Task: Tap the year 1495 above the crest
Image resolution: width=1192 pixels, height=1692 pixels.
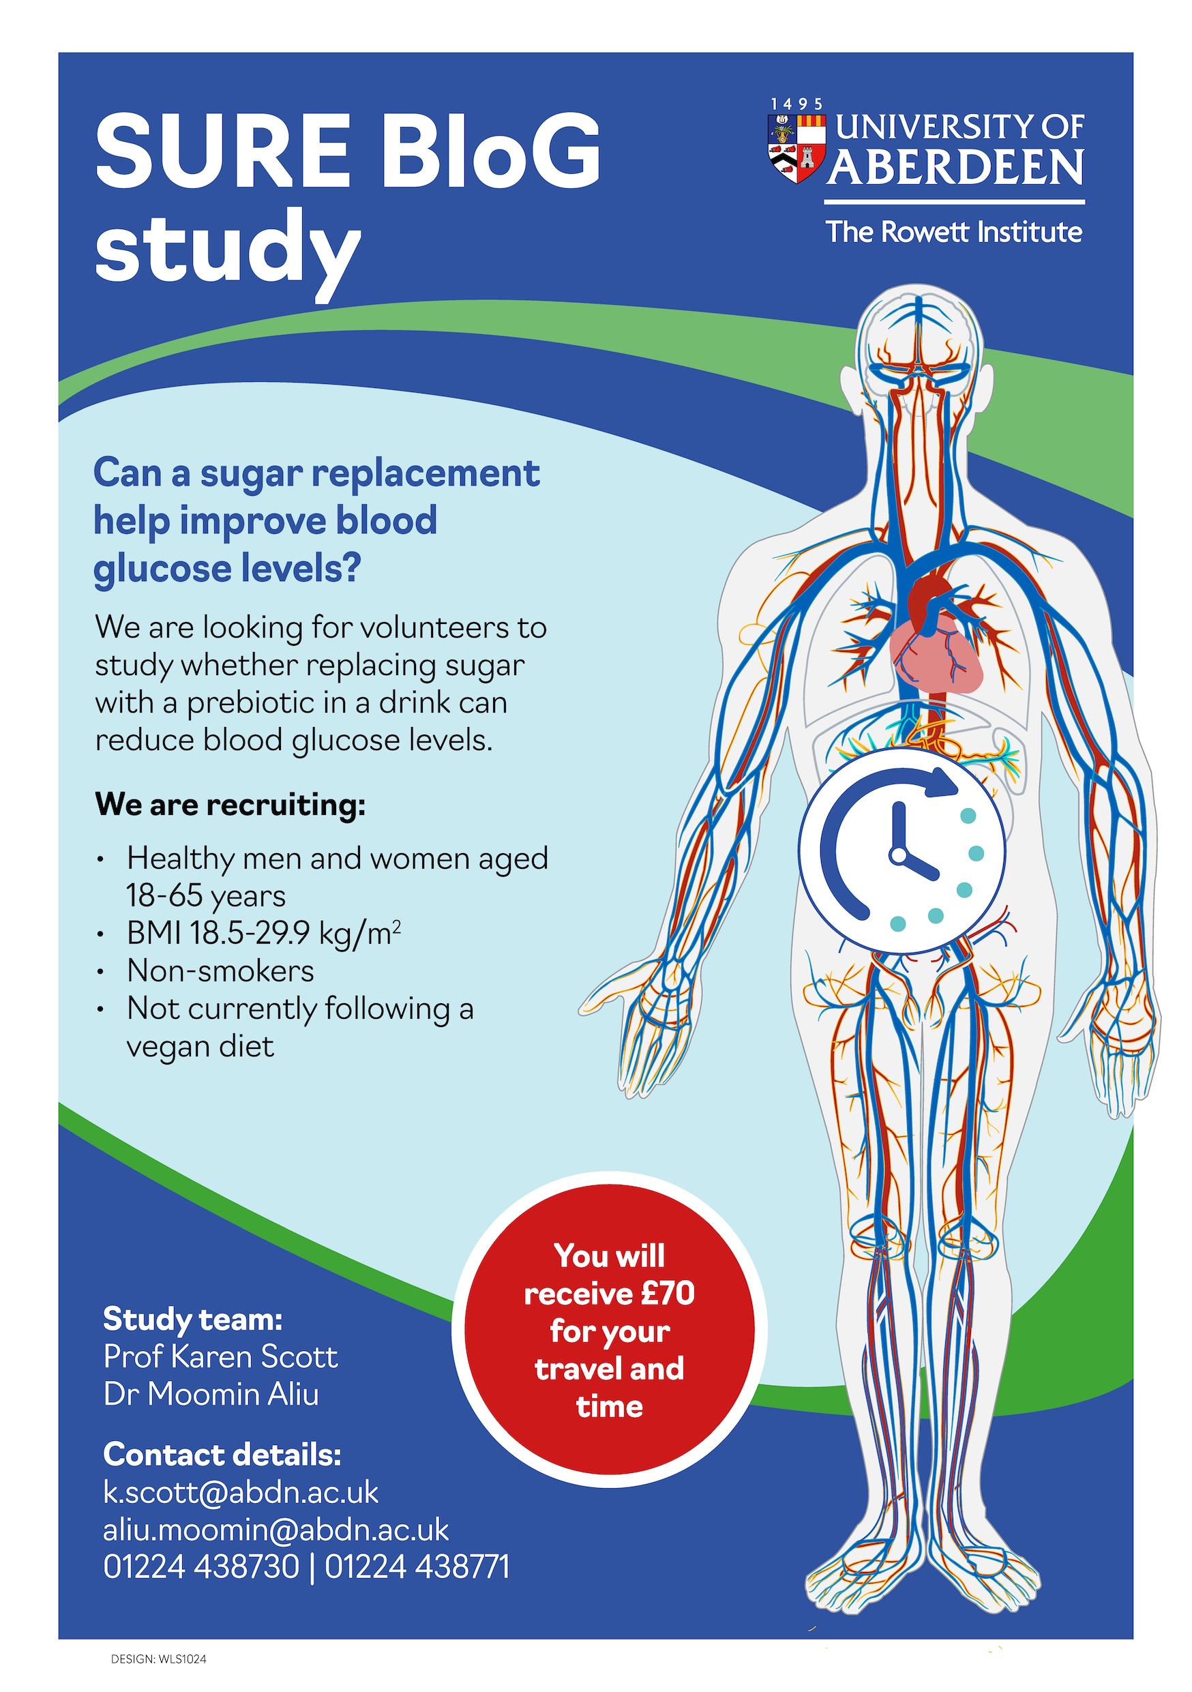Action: [x=796, y=104]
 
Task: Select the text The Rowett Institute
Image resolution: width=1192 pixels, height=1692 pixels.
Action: [x=953, y=232]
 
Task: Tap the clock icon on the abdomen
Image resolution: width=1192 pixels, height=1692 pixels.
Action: [x=902, y=851]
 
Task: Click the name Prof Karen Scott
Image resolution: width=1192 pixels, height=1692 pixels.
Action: [x=220, y=1356]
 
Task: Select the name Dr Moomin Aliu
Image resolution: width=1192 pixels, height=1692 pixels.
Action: [x=211, y=1394]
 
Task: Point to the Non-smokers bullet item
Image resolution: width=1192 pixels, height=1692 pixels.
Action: [x=220, y=970]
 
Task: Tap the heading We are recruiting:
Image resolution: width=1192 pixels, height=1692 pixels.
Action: [x=230, y=804]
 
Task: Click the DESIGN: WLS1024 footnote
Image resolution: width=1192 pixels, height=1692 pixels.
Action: [x=158, y=1659]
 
